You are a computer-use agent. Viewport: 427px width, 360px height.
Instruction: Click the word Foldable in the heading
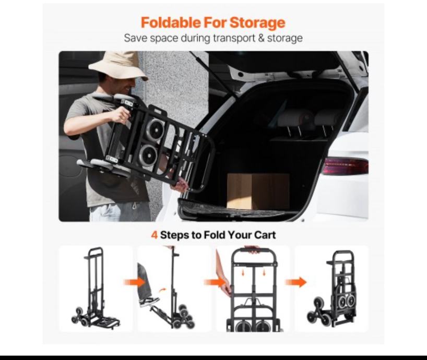171,22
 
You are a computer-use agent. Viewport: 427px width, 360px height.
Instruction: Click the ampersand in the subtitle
261,38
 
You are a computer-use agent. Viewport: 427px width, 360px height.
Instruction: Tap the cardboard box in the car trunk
258,191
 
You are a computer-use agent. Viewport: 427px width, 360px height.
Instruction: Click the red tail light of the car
345,166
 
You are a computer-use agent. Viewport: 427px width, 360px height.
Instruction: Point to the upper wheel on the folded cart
155,129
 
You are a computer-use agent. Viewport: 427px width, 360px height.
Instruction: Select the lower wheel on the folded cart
148,155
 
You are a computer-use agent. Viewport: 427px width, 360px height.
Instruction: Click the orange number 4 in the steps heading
154,235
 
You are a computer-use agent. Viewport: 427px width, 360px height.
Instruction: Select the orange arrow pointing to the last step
296,282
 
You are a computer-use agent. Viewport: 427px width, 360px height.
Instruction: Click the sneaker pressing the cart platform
149,302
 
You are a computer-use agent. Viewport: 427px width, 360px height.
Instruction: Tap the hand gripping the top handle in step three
253,249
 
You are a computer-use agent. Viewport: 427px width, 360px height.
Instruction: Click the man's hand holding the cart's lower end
180,186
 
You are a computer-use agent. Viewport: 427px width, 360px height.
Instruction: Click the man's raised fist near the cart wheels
121,115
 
